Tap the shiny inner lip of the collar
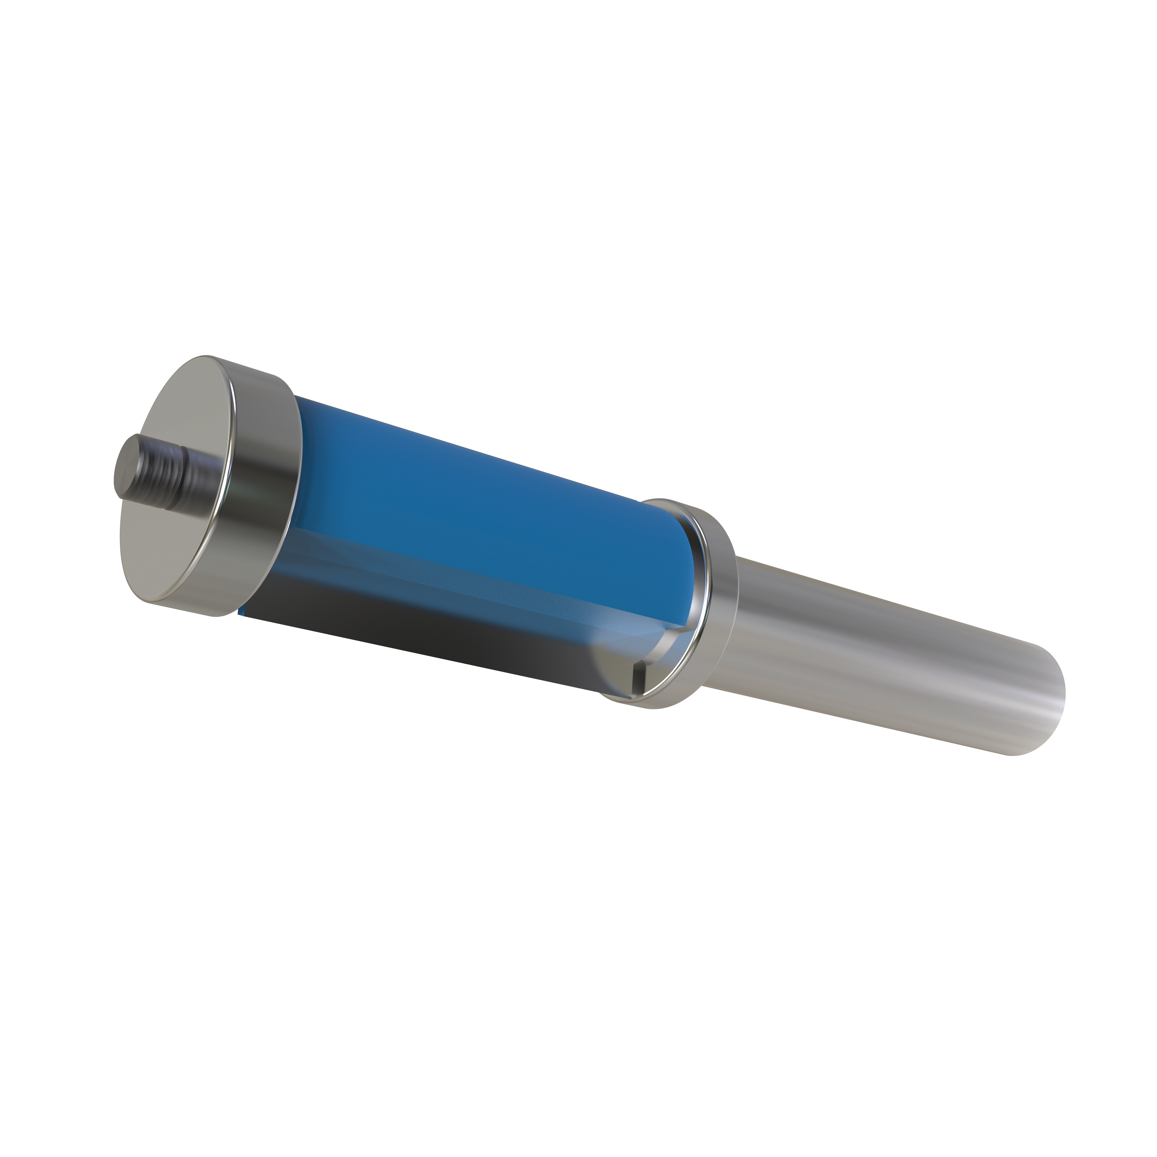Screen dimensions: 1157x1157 click(x=701, y=575)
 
